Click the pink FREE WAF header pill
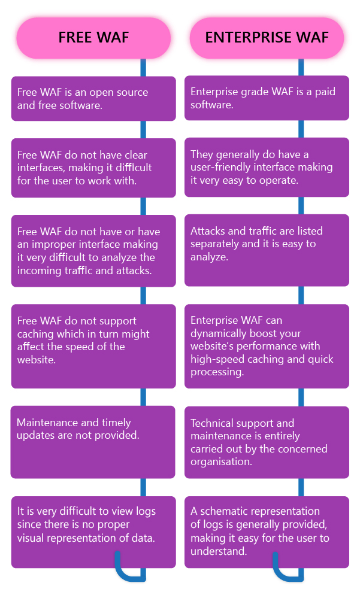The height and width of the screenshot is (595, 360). (93, 38)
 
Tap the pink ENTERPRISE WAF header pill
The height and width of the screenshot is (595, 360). (267, 38)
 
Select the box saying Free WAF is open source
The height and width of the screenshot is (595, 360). (93, 99)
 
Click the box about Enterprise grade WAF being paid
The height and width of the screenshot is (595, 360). (267, 98)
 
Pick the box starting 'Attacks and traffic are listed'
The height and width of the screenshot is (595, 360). (267, 250)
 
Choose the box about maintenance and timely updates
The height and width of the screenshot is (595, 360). (93, 442)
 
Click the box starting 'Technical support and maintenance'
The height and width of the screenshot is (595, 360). (267, 442)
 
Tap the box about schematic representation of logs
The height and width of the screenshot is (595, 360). (267, 532)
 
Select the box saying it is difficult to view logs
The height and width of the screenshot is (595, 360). (93, 532)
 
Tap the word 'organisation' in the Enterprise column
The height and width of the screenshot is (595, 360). (220, 462)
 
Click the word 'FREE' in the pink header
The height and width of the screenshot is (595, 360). (74, 38)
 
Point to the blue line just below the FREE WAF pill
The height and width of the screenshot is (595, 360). (143, 68)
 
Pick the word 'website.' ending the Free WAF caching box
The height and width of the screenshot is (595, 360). (37, 360)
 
